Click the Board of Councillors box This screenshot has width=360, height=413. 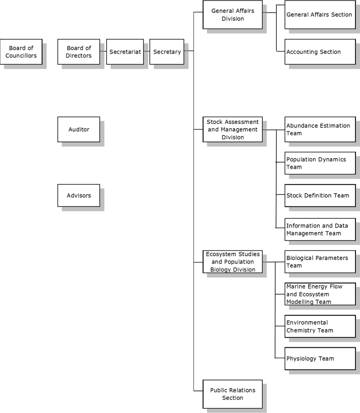coord(21,52)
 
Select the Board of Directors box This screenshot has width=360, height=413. coord(79,52)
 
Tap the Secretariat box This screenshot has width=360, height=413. coord(125,52)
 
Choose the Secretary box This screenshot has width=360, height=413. coord(167,52)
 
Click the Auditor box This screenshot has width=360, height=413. coord(79,130)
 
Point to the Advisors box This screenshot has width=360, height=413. coord(79,195)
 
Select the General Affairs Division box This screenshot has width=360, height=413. coord(233,15)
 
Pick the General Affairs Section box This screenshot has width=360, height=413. coord(319,15)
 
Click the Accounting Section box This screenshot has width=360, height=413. coord(319,52)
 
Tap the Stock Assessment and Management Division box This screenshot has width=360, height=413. coord(233,130)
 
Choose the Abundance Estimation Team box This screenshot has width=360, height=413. coord(319,130)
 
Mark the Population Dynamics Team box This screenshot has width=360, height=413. coord(319,163)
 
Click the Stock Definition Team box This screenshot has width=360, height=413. coord(319,195)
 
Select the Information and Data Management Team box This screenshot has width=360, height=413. coord(319,229)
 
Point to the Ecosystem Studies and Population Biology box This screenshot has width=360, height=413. coord(233,262)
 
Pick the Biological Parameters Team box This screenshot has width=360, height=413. coord(319,262)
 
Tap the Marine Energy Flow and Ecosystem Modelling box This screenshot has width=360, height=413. coord(319,294)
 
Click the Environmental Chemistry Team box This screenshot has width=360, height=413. coord(319,327)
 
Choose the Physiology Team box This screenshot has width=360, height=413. coord(319,359)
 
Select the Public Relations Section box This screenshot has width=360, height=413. coord(233,394)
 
